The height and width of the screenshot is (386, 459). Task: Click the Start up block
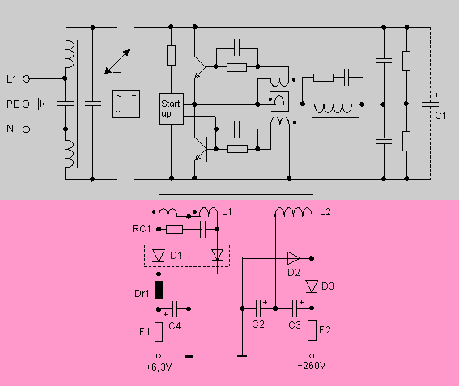(x=172, y=109)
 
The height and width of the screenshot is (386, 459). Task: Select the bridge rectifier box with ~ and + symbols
(x=125, y=104)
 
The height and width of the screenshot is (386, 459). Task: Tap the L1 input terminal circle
(x=27, y=78)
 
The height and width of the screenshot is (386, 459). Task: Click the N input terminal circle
(x=27, y=129)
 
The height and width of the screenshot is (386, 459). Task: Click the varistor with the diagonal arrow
(x=117, y=62)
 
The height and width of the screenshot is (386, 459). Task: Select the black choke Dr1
(x=159, y=290)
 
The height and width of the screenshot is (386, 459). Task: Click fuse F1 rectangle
(x=159, y=332)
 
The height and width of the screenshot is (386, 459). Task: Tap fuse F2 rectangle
(x=312, y=330)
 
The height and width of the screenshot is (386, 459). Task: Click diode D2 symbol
(x=294, y=258)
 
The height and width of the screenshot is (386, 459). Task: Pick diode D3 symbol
(x=312, y=286)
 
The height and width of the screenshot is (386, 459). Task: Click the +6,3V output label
(x=159, y=367)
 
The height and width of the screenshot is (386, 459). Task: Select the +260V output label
(x=312, y=366)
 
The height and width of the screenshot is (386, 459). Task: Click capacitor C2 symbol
(x=258, y=308)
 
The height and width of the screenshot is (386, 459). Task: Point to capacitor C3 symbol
(x=295, y=308)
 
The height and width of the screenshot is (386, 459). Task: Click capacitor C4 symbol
(x=175, y=309)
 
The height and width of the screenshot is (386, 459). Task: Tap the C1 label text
(x=440, y=116)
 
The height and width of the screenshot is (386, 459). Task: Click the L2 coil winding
(x=293, y=211)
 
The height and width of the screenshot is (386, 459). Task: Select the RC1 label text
(x=142, y=229)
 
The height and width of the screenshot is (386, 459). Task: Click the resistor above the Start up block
(x=172, y=55)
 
